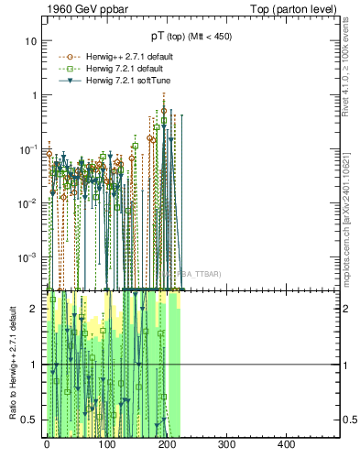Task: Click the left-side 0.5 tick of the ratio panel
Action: [x=29, y=420]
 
